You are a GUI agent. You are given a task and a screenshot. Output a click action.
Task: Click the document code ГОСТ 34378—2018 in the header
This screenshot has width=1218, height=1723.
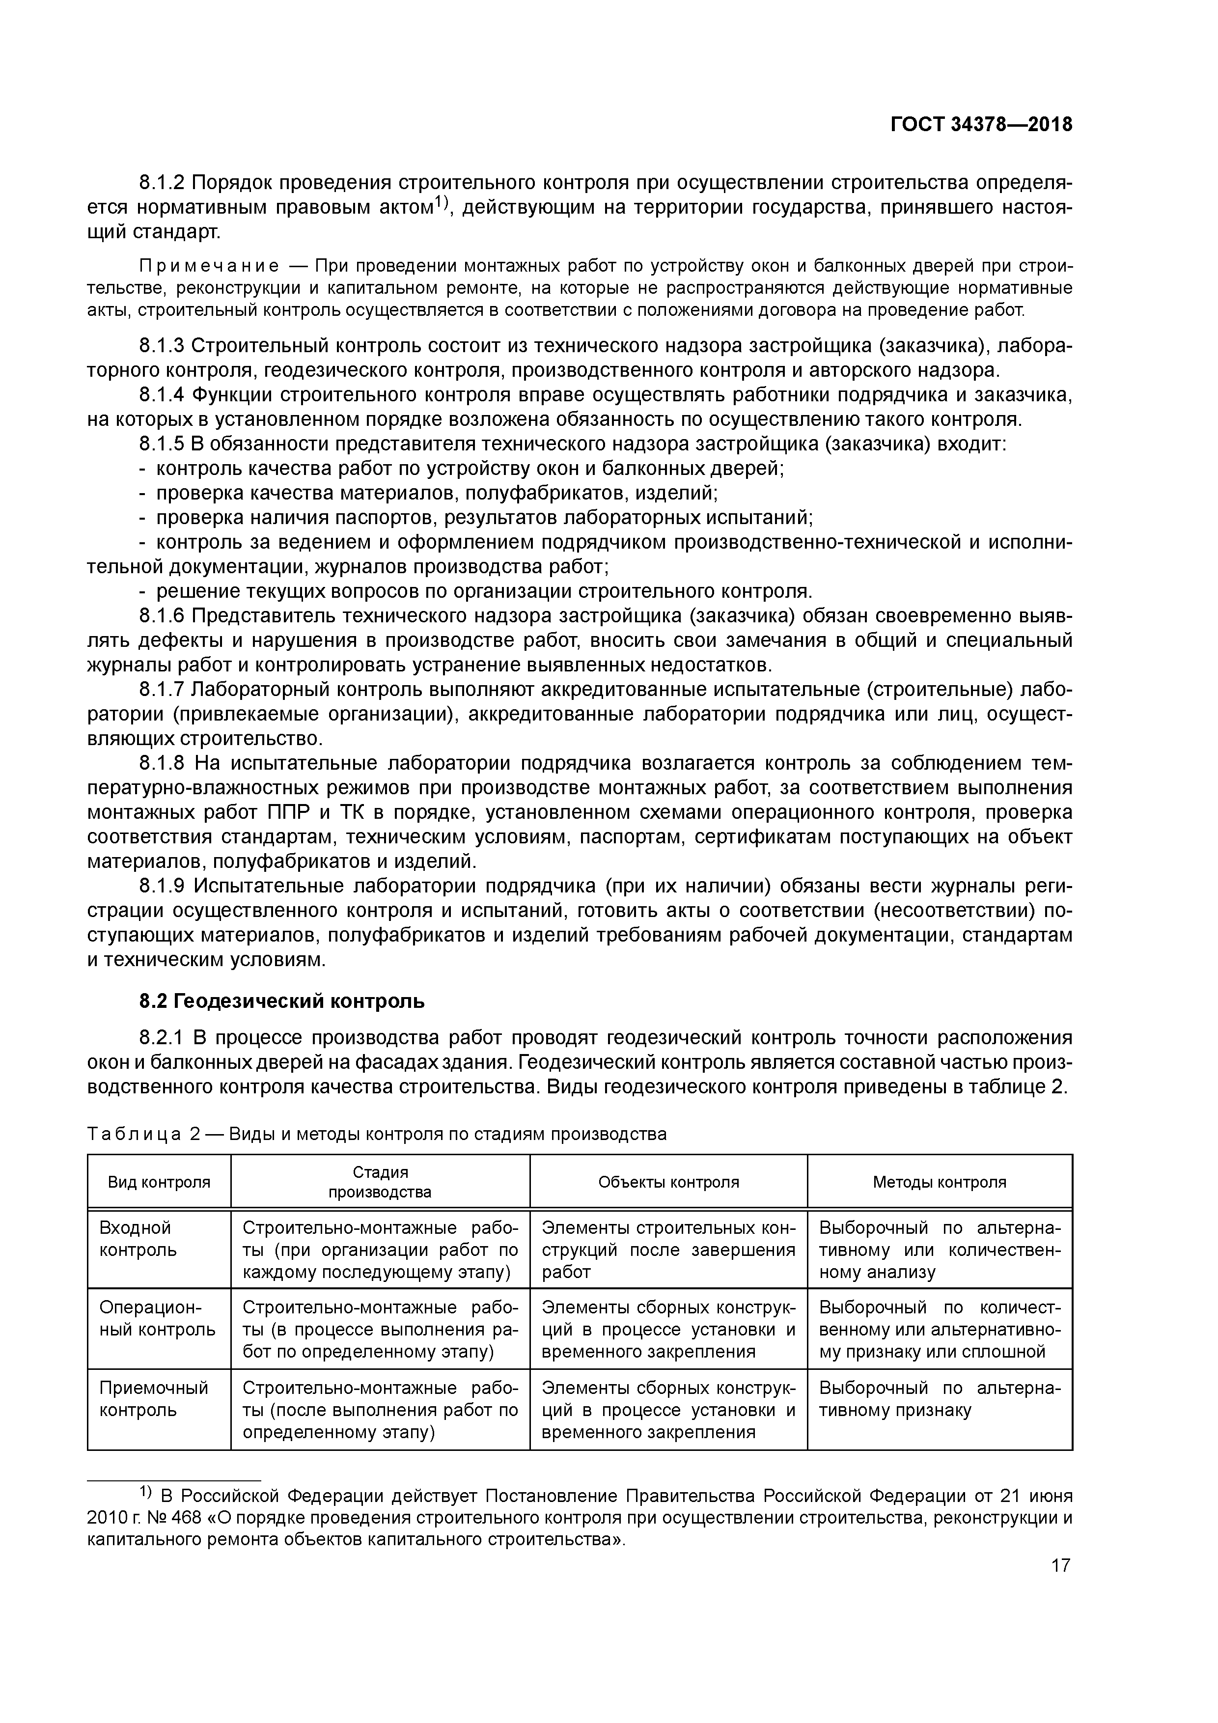981,125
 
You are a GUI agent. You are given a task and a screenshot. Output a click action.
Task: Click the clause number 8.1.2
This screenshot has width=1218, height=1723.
162,183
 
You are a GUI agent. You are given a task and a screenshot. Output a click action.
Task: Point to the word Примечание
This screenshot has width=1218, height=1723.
209,266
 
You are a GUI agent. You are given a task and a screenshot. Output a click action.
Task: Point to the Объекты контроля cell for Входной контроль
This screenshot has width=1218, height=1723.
668,1250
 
